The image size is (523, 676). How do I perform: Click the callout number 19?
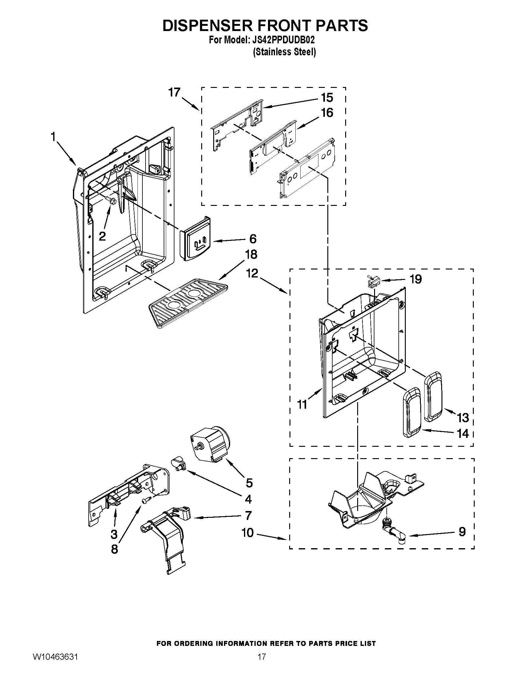click(x=416, y=279)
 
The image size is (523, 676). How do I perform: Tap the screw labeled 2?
click(x=111, y=200)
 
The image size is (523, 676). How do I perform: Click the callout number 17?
click(x=174, y=92)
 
